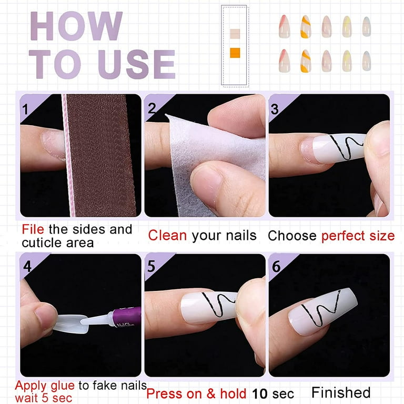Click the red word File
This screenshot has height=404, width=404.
pyautogui.click(x=34, y=229)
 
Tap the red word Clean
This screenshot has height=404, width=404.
pyautogui.click(x=167, y=235)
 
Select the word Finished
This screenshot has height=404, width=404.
pyautogui.click(x=340, y=392)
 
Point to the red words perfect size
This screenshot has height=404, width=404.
pyautogui.click(x=358, y=236)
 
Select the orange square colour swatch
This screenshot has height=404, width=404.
pyautogui.click(x=235, y=52)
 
